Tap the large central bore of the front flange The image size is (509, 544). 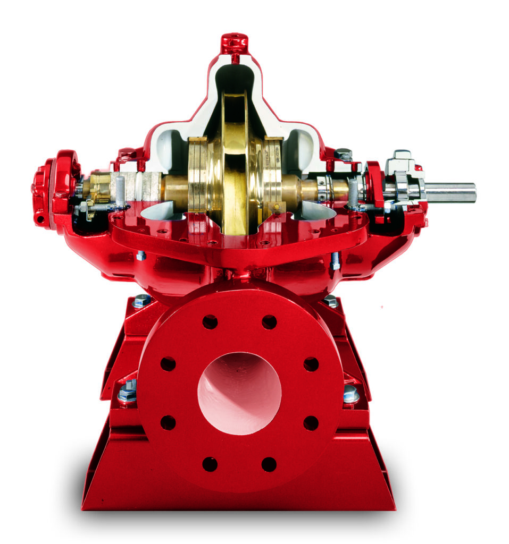239,393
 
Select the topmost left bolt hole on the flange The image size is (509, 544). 210,322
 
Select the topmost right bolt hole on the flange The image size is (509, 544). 269,322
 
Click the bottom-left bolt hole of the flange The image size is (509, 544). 210,464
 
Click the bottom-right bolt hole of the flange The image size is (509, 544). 269,464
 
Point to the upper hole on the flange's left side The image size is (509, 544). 168,364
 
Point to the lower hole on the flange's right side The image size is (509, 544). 311,423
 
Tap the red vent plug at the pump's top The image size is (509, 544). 235,42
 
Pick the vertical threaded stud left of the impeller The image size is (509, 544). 120,191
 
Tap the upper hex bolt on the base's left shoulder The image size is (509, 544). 142,301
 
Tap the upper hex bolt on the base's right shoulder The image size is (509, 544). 331,301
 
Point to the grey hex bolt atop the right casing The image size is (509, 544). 343,154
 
